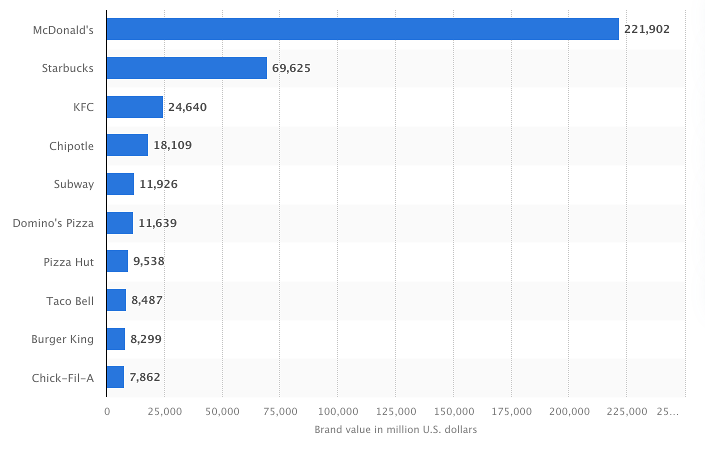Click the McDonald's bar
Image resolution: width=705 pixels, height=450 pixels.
pos(362,29)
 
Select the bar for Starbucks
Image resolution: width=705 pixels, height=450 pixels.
pos(186,68)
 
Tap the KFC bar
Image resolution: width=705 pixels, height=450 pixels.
pos(134,107)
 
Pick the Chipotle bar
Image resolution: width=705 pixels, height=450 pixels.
pos(127,145)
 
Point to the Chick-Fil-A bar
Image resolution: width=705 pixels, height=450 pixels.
pos(115,377)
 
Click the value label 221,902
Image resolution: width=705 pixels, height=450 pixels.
pos(646,29)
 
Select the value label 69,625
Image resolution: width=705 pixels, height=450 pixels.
pos(291,68)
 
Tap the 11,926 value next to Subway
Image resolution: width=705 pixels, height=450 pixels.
pos(158,184)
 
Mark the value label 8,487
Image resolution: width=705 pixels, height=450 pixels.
pos(147,300)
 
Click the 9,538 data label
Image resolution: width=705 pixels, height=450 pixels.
pos(148,261)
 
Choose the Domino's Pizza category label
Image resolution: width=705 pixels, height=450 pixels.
pos(53,223)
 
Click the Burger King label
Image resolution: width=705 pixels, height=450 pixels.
pos(62,339)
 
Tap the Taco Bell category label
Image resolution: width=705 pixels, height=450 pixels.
pos(70,301)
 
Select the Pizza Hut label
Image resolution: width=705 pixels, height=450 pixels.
pos(68,262)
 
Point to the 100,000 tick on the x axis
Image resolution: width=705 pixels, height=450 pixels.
pos(338,411)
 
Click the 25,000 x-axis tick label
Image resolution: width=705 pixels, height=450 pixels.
pos(164,411)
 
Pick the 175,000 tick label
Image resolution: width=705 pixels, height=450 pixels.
pos(511,411)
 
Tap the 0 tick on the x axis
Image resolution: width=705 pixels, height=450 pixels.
pos(107,411)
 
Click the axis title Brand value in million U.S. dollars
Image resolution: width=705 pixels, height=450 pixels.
pos(395,429)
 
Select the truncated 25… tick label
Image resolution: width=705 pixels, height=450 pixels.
pos(667,411)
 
